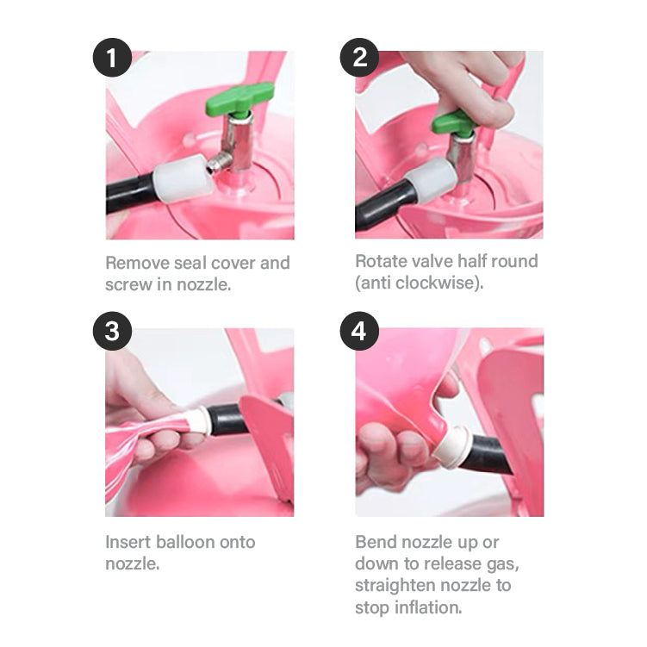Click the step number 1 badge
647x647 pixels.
pyautogui.click(x=112, y=58)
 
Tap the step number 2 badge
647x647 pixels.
pyautogui.click(x=359, y=58)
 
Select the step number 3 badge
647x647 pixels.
pyautogui.click(x=112, y=331)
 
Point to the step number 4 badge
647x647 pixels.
pyautogui.click(x=359, y=331)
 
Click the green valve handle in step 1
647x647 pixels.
pyautogui.click(x=240, y=99)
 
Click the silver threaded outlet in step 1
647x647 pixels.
pyautogui.click(x=218, y=163)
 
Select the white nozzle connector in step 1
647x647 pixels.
pyautogui.click(x=182, y=178)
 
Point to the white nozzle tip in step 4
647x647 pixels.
pyautogui.click(x=451, y=448)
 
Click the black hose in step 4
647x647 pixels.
pyautogui.click(x=487, y=455)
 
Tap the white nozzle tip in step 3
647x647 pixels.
pyautogui.click(x=199, y=420)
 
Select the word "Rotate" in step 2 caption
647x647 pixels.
pyautogui.click(x=380, y=261)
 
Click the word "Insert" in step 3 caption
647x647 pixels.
pyautogui.click(x=128, y=542)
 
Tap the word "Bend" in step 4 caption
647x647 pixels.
pyautogui.click(x=375, y=542)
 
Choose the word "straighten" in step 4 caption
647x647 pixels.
pyautogui.click(x=392, y=586)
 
